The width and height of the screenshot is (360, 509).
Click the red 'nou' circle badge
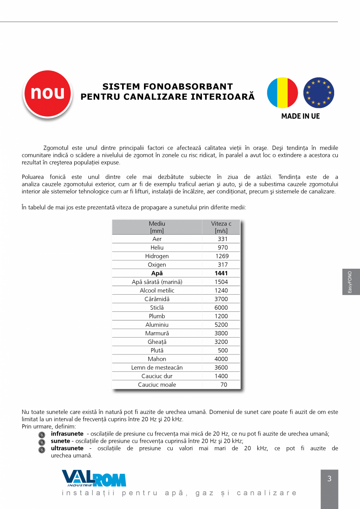(x=48, y=93)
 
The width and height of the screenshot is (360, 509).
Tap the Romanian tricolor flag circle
(x=283, y=93)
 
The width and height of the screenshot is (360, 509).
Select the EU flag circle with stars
(x=319, y=93)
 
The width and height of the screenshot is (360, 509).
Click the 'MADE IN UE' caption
(x=301, y=116)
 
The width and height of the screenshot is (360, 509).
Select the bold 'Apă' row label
(x=157, y=273)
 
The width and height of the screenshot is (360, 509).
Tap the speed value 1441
(x=221, y=273)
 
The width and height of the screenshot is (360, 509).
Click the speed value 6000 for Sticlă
(x=221, y=308)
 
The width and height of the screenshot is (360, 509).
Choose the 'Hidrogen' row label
(x=157, y=256)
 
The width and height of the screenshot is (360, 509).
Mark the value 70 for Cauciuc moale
(x=223, y=385)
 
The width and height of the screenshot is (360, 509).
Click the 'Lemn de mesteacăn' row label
(x=157, y=368)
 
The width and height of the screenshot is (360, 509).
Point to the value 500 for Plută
(x=223, y=351)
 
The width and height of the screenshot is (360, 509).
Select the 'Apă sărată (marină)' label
(x=157, y=282)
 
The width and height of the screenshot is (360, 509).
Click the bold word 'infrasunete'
(x=67, y=434)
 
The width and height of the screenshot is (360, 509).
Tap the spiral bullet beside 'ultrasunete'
(x=42, y=450)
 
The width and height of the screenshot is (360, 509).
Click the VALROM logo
(x=94, y=478)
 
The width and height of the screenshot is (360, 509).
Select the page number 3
(x=329, y=479)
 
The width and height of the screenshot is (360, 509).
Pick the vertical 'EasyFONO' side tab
(x=351, y=282)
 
